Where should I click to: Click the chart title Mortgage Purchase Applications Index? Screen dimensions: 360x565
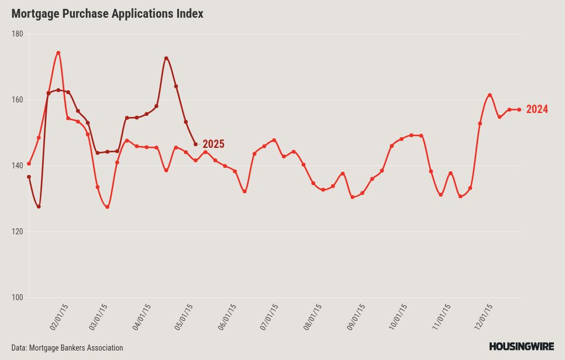[x=107, y=14]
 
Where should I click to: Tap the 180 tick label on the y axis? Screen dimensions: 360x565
[x=17, y=34]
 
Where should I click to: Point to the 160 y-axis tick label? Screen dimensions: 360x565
[x=17, y=100]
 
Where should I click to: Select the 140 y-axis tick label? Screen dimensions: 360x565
[x=17, y=166]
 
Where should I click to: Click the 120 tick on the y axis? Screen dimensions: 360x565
[x=17, y=232]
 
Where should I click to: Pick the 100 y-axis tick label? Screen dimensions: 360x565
[x=17, y=297]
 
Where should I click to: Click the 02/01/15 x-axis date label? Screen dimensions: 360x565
[x=59, y=317]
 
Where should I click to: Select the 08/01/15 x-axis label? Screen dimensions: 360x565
[x=312, y=317]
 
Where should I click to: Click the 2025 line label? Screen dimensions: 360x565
[x=213, y=144]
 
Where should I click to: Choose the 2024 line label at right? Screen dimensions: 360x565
[x=537, y=109]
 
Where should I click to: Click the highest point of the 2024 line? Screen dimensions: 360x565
[x=58, y=53]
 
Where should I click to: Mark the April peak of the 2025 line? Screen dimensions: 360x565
[x=166, y=58]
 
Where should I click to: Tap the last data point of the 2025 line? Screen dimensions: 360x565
[x=196, y=145]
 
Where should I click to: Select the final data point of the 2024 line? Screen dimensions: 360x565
[x=519, y=109]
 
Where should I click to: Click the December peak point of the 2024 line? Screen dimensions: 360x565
[x=490, y=95]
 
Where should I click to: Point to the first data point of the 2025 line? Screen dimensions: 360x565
[x=29, y=177]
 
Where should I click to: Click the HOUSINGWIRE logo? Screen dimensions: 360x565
[x=521, y=347]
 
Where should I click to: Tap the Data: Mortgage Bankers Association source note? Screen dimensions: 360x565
[x=67, y=348]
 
